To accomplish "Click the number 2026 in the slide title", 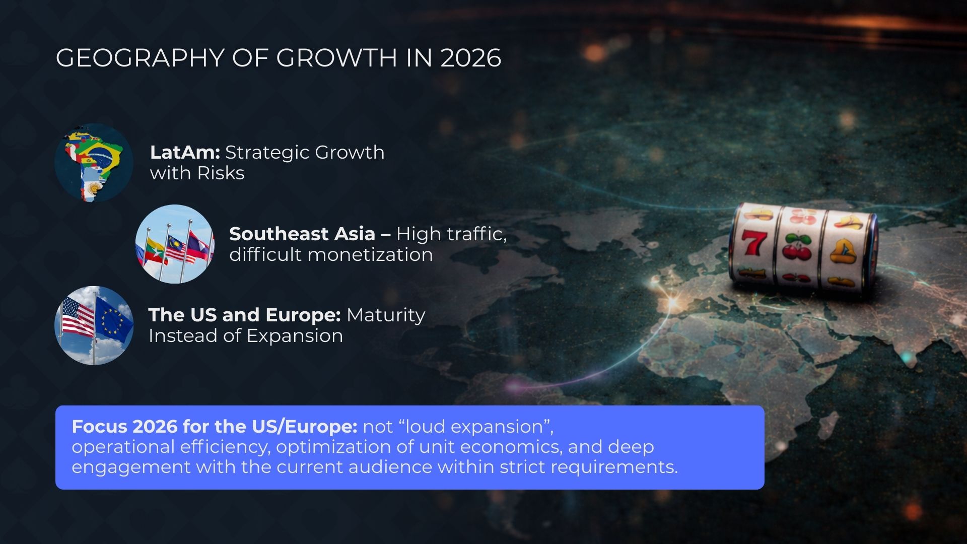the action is coord(471,58).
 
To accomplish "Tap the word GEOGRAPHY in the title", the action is coord(140,58).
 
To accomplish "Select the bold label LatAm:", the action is coord(185,152).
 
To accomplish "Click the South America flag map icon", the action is coord(94,163).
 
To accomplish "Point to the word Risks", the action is coord(221,173).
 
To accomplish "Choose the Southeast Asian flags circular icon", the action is coord(175,244).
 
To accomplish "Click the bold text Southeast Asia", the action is coord(302,234).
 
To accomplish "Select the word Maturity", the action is coord(386,316).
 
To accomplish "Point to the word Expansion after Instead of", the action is coord(295,336).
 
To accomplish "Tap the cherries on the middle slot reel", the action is coord(797,247).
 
